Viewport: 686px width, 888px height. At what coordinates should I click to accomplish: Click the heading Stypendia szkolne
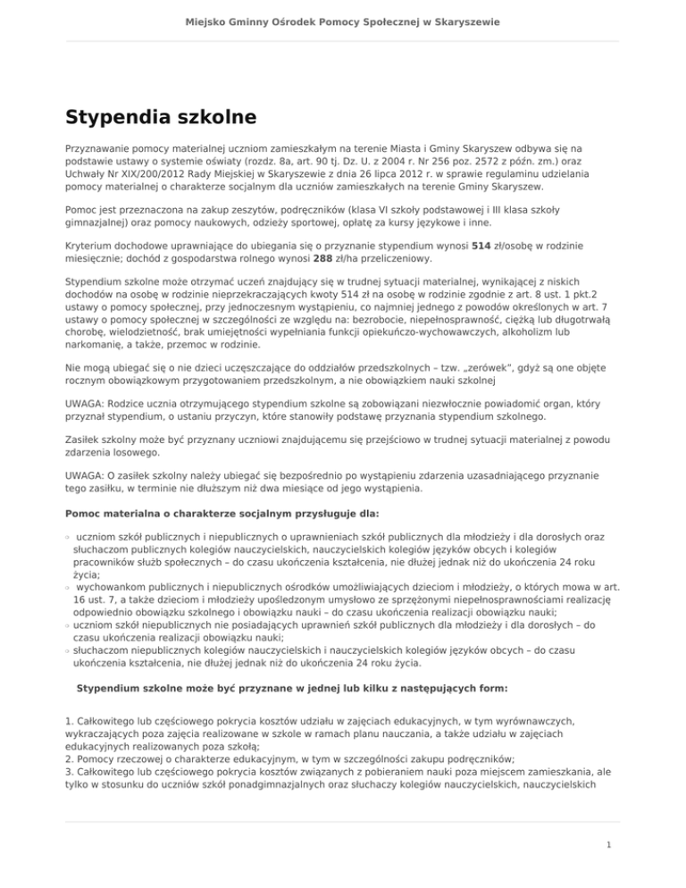tap(161, 117)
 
